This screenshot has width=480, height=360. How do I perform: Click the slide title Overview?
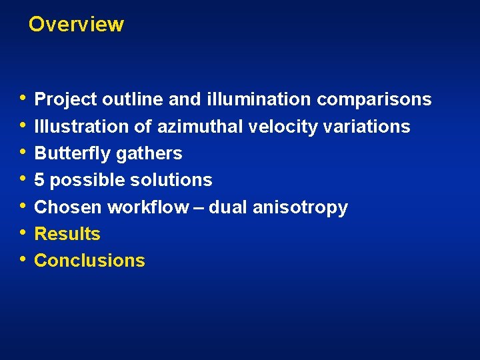pos(76,25)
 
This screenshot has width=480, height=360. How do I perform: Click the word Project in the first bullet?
pos(65,100)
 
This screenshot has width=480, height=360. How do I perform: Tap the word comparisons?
pos(374,100)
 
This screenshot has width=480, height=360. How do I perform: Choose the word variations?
pos(367,127)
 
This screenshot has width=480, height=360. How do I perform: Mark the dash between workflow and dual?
pos(199,207)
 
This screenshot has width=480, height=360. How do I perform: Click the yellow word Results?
pos(67,234)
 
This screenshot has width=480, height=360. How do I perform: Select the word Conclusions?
pos(89,261)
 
